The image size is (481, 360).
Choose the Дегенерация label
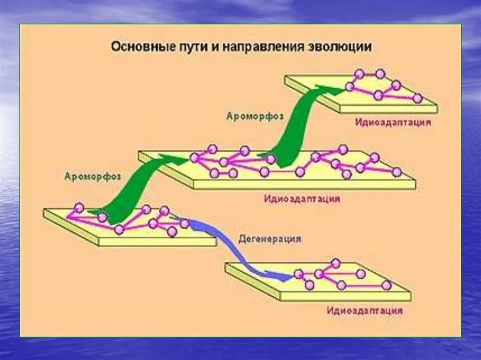point(269,238)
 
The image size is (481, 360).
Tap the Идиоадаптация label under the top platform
point(393,123)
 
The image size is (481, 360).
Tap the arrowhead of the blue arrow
point(285,277)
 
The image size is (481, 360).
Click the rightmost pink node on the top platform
point(417,98)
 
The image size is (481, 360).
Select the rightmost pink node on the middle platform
point(397,172)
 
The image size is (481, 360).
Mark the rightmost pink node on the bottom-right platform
point(386,285)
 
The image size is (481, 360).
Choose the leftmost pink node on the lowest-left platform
point(79,207)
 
